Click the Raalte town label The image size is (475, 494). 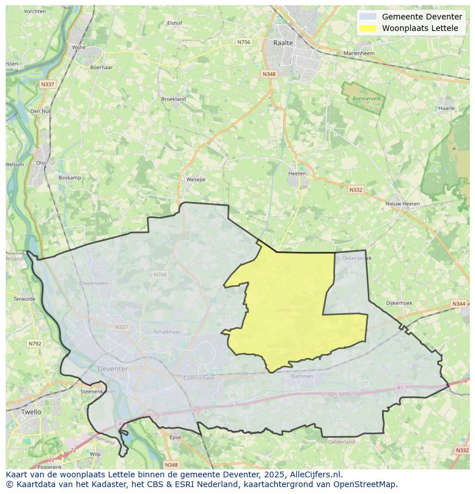click(283, 43)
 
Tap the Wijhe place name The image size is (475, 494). click(78, 47)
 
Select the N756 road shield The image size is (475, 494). click(244, 42)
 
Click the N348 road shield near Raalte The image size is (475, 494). click(268, 74)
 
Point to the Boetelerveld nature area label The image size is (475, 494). click(367, 99)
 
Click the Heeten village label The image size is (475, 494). click(297, 173)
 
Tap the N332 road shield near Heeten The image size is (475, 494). click(356, 189)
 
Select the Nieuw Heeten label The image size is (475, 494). click(402, 204)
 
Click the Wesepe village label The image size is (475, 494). click(196, 180)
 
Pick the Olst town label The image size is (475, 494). click(41, 163)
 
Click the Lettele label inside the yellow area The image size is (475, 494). click(283, 310)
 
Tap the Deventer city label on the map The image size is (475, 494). click(112, 368)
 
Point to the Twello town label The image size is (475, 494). click(30, 412)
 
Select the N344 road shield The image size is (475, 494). click(458, 304)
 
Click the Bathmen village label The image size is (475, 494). click(302, 376)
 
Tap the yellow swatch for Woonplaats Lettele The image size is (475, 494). click(368, 28)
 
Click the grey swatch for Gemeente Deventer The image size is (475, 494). click(368, 17)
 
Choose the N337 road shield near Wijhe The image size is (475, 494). click(48, 84)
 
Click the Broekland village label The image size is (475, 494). click(173, 99)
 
